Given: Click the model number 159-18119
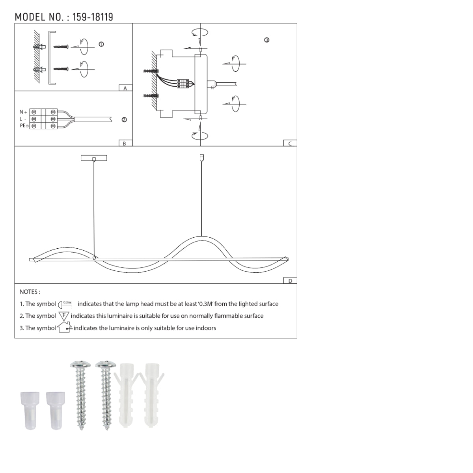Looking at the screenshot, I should click(93, 17).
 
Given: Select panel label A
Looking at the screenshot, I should click(125, 88).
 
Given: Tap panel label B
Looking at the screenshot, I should click(125, 143).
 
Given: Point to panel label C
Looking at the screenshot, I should click(290, 143).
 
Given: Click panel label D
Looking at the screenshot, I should click(290, 281).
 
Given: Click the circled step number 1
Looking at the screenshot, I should click(101, 44).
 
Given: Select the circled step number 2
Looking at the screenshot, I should click(124, 120).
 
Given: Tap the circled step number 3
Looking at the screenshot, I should click(267, 40).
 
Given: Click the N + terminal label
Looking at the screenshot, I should click(23, 112).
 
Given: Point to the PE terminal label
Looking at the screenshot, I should click(24, 126).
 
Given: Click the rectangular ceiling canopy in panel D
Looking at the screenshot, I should click(94, 158).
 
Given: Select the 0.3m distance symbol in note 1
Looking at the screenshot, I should click(66, 304).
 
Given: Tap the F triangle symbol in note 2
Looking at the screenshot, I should click(64, 316).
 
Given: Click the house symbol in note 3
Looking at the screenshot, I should click(64, 328).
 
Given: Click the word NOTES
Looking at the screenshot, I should click(30, 292).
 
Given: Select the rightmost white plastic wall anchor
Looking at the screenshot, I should click(152, 394).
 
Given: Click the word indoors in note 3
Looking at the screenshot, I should click(205, 328).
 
